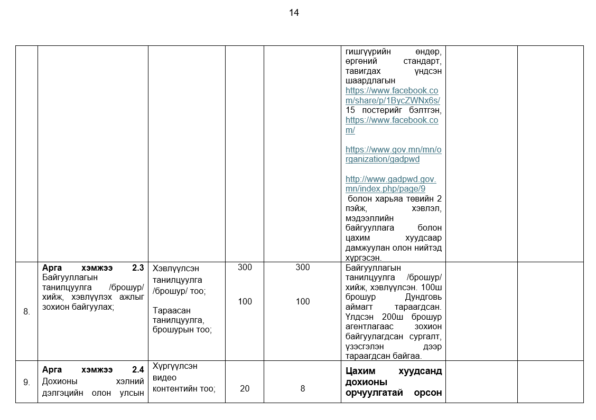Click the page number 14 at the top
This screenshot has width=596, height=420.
[x=294, y=13]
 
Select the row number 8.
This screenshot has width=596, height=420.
[x=26, y=311]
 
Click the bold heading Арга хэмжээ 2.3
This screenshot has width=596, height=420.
[x=93, y=268]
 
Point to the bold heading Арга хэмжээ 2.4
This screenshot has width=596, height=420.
[x=93, y=370]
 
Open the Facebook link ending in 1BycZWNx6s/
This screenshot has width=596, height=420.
[x=393, y=96]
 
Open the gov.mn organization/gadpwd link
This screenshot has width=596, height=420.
[x=393, y=154]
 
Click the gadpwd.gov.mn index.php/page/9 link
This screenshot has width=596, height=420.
[x=390, y=184]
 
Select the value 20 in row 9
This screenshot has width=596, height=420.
[x=245, y=388]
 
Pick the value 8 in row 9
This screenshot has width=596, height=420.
[x=303, y=388]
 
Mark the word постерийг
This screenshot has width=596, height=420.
[x=384, y=110]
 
